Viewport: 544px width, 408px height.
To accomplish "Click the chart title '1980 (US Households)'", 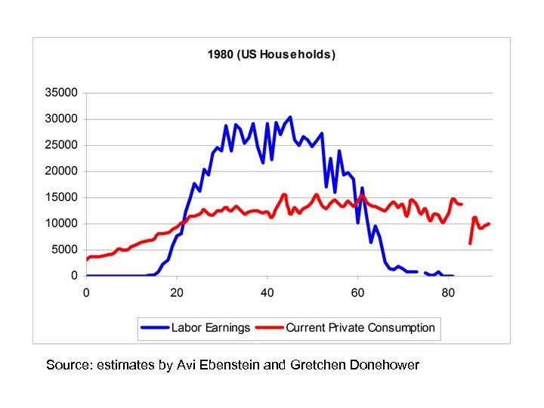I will coord(271,54).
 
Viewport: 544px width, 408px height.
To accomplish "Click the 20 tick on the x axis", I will coord(177,292).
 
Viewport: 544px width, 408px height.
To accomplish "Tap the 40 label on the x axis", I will coord(267,292).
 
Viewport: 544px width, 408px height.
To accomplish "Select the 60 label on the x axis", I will coord(357,292).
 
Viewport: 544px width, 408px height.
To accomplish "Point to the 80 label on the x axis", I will coord(448,292).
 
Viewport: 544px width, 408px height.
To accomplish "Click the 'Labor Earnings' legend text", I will coord(210,328).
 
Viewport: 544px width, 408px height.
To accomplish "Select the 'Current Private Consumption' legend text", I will coord(360,328).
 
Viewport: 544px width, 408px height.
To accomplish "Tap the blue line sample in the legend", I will coord(155,328).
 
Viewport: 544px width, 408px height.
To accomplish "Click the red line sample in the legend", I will coord(270,328).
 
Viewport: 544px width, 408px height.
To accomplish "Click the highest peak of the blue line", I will coord(290,117).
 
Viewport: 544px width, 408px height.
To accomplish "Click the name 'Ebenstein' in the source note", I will coord(229,365).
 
